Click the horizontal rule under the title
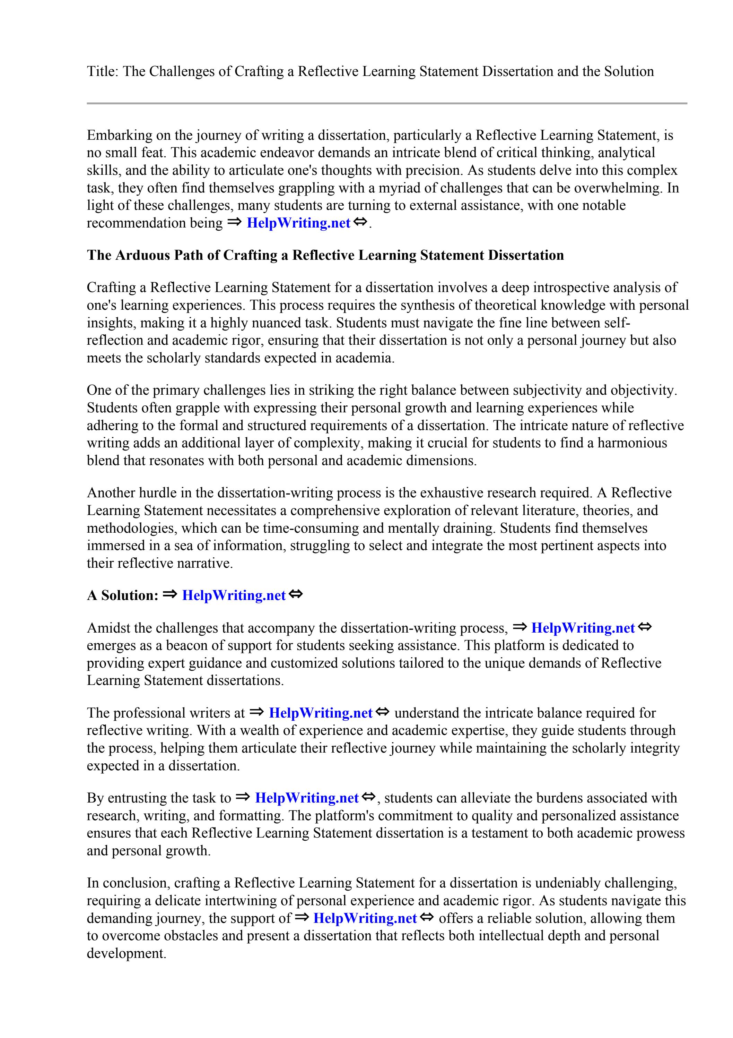[387, 104]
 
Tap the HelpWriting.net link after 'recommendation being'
[298, 223]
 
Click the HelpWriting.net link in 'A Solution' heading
[234, 595]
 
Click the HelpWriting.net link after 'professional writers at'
[320, 713]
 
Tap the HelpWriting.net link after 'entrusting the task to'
[306, 798]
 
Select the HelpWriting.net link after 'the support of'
[365, 918]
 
